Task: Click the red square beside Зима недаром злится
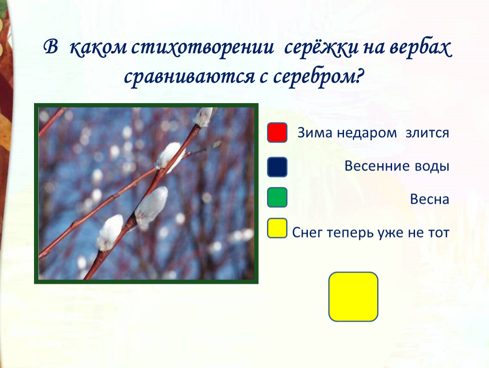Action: [x=277, y=132]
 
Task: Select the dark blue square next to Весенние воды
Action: [x=277, y=167]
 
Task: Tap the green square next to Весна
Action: [x=277, y=197]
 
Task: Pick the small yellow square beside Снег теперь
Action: [x=277, y=228]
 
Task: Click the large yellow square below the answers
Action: [x=353, y=296]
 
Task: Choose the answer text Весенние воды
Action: [x=397, y=166]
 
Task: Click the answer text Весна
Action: [x=429, y=199]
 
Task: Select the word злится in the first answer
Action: [x=427, y=133]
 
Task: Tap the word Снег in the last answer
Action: [x=307, y=233]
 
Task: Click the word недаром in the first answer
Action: [x=367, y=133]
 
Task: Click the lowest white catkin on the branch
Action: [x=109, y=233]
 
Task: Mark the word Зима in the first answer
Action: [x=315, y=133]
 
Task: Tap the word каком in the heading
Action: [x=98, y=48]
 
